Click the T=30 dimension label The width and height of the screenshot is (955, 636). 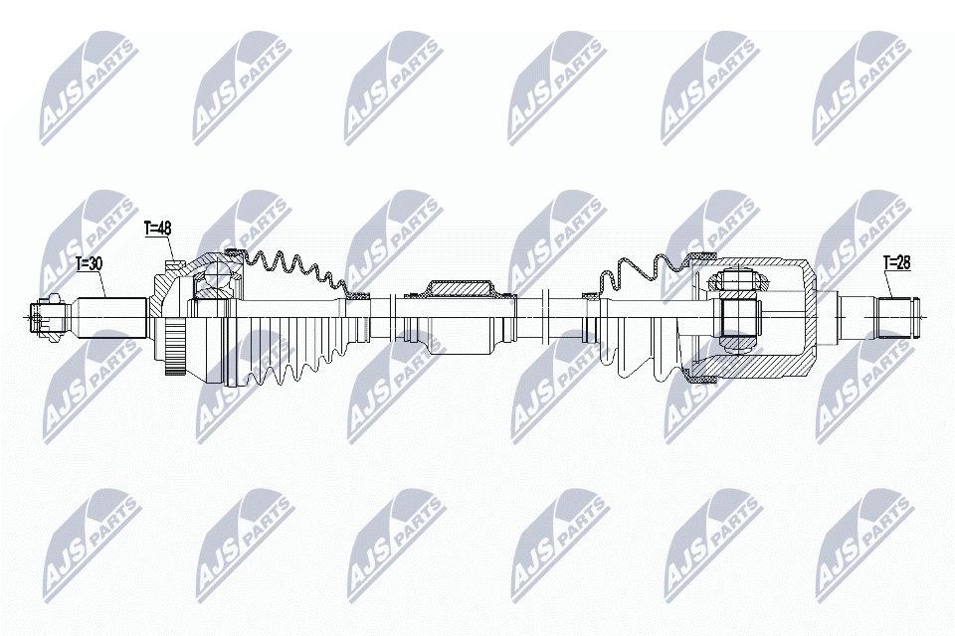point(89,265)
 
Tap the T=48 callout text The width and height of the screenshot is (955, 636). point(158,229)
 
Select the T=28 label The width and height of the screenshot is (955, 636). point(898,262)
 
